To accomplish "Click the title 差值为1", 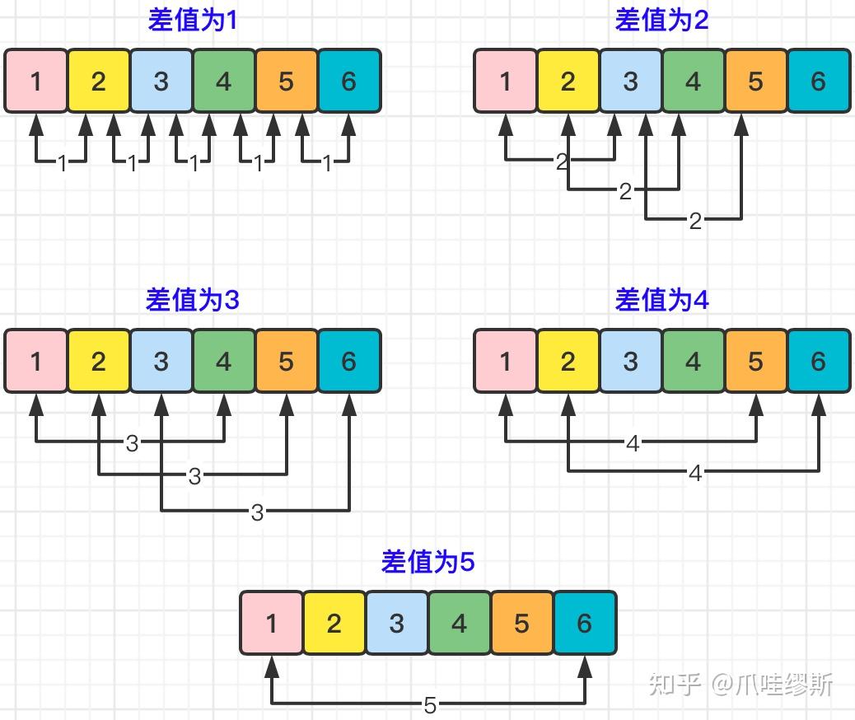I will click(x=192, y=20).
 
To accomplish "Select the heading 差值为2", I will click(x=661, y=20).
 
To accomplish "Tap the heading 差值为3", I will click(x=192, y=300).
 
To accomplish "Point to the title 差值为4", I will click(x=661, y=300).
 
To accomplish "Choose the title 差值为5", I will click(x=427, y=562).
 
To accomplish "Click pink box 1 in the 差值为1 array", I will click(x=36, y=81).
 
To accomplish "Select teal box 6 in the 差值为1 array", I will click(x=348, y=81).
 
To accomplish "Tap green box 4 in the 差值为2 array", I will click(x=693, y=81).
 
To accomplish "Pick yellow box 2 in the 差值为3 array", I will click(x=99, y=361).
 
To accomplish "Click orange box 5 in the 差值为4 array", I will click(x=755, y=361).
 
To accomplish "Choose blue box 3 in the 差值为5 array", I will click(x=396, y=623).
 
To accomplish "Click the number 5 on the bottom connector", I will click(x=430, y=705).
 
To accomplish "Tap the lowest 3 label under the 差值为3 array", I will click(x=257, y=512).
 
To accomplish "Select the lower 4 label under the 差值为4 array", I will click(x=695, y=473).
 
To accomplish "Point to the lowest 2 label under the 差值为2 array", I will click(x=695, y=221).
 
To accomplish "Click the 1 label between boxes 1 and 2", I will click(x=62, y=163).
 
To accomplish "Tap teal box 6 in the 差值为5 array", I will click(x=584, y=623).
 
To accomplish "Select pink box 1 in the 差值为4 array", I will click(x=505, y=361).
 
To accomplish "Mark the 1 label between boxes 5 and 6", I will click(x=327, y=163).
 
